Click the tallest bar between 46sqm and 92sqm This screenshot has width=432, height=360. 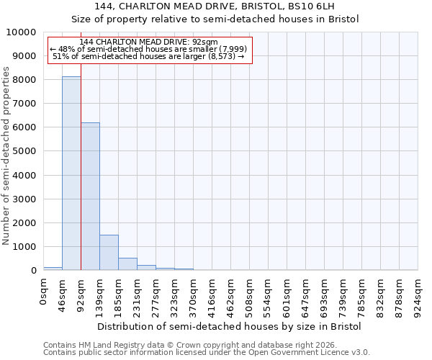[x=71, y=173]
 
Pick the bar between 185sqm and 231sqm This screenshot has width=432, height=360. [x=127, y=264]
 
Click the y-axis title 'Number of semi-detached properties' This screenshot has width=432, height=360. [x=6, y=156]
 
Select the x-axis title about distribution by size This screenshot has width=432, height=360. [x=229, y=326]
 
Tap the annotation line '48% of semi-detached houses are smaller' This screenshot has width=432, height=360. [x=150, y=49]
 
